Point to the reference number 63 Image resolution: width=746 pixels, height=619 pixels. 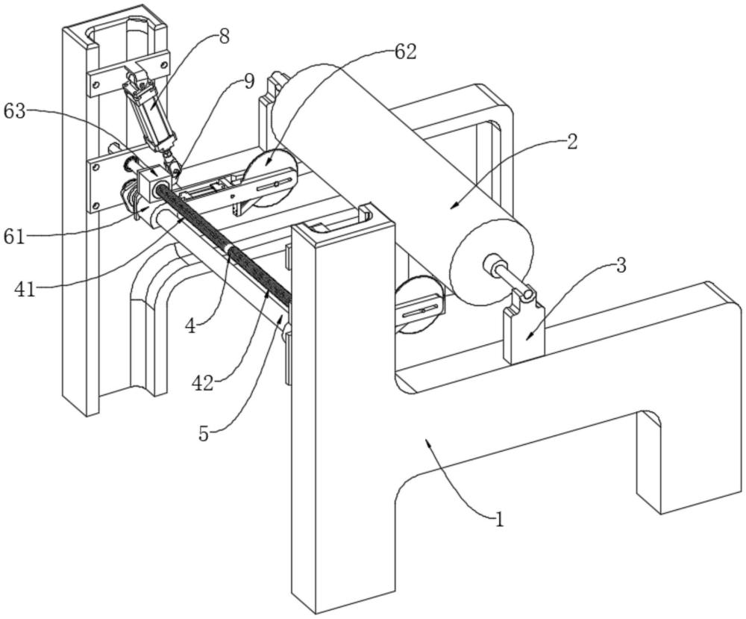click(15, 112)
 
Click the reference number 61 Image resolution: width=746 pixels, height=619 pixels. click(15, 237)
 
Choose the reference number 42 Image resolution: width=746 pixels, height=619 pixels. click(203, 384)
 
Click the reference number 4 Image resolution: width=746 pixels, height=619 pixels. click(192, 326)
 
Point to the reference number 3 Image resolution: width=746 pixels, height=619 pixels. click(621, 265)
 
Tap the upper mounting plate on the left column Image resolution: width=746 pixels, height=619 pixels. click(128, 81)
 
